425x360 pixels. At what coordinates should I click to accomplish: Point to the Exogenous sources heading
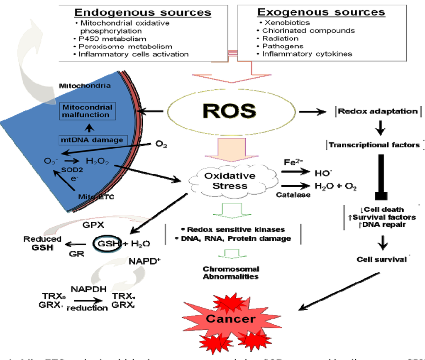coord(321,12)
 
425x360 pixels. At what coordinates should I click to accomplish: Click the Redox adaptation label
coord(378,111)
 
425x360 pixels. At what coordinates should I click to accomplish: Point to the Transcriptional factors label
coord(375,145)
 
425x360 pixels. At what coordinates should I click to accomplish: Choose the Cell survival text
coord(381,260)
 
